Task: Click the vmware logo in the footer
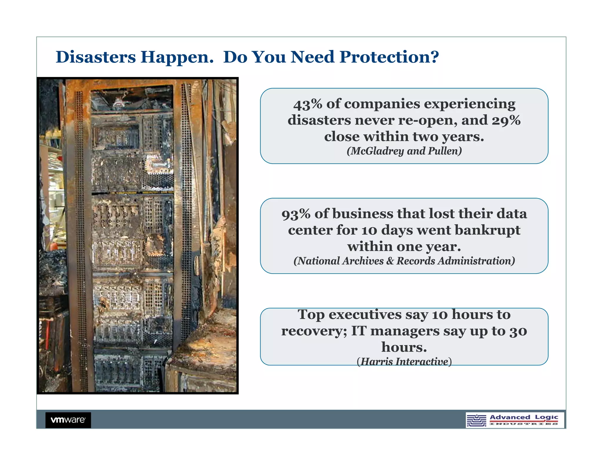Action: [68, 420]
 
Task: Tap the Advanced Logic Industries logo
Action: [515, 420]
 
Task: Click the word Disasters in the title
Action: [96, 57]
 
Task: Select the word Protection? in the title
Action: [389, 57]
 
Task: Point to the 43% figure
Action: [307, 104]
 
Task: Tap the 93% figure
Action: [296, 214]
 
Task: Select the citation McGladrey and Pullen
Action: [404, 151]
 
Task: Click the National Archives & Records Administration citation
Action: [404, 261]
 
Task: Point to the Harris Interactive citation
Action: [404, 362]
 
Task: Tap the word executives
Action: [365, 315]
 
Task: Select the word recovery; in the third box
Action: [314, 331]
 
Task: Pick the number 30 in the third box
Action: [518, 332]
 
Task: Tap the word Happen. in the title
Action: [177, 57]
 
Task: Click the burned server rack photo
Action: [138, 235]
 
